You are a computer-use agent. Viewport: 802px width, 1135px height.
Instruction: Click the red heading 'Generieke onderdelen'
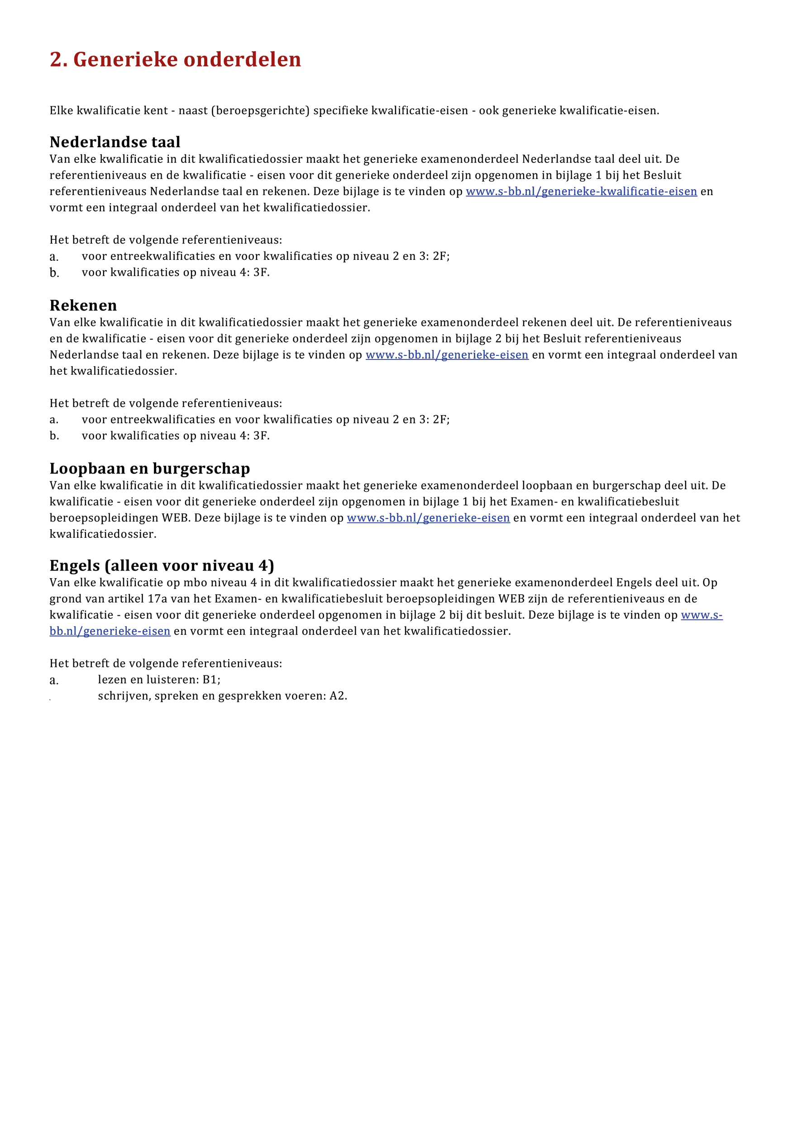(x=187, y=59)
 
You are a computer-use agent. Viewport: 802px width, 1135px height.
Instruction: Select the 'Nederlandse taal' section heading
(x=115, y=142)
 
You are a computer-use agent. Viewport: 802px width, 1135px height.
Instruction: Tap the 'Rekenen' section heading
(x=83, y=305)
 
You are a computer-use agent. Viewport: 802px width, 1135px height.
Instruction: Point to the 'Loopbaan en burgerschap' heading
(x=150, y=468)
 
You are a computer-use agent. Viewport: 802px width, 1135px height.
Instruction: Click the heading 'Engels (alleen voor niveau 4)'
(x=162, y=565)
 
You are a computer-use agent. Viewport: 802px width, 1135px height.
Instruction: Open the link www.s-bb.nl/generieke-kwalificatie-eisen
(x=581, y=192)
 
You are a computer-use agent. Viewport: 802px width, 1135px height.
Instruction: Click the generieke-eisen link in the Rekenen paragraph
(x=447, y=354)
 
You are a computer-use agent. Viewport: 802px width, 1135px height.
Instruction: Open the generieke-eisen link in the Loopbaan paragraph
(x=428, y=517)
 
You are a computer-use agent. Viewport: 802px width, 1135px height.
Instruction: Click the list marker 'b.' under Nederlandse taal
(x=54, y=273)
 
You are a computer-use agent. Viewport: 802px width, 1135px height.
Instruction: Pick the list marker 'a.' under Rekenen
(x=54, y=420)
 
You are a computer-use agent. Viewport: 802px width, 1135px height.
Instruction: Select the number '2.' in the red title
(x=58, y=59)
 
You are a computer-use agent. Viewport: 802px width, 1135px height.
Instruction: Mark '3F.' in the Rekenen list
(x=262, y=436)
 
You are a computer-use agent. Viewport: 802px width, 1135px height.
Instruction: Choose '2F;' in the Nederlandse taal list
(x=441, y=256)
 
